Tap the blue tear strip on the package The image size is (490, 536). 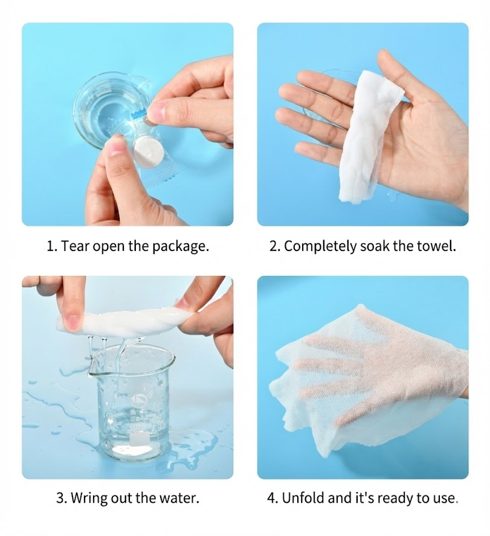[140, 112]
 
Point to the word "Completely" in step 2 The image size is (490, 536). [321, 246]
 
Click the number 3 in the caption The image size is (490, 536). [60, 499]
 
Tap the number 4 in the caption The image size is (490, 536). [272, 499]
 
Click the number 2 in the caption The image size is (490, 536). [274, 246]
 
